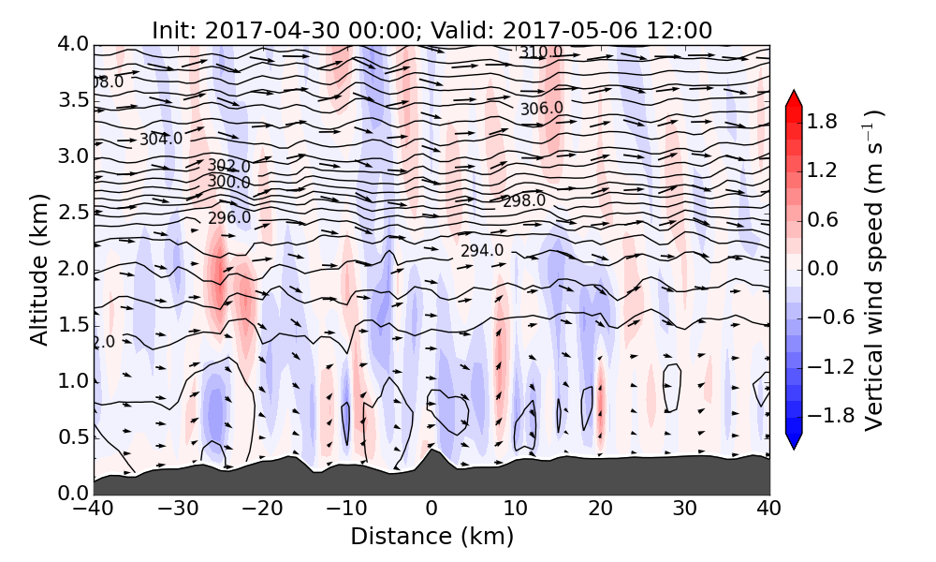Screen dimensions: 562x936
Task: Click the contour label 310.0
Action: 541,52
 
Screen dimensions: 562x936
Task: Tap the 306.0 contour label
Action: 542,109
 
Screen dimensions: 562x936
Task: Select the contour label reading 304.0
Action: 161,140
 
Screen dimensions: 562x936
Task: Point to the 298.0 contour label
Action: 524,201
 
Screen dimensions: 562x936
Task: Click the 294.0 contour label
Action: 482,251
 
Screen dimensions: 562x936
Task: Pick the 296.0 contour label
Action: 229,218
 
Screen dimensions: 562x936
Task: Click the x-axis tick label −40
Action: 93,510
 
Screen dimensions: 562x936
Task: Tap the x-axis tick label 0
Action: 431,510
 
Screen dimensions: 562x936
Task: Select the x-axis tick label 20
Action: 600,510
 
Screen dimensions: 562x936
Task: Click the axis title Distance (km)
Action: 431,537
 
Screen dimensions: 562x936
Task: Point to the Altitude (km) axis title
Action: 39,269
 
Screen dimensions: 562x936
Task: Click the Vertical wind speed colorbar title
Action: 874,269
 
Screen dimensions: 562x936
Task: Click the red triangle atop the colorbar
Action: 794,97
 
